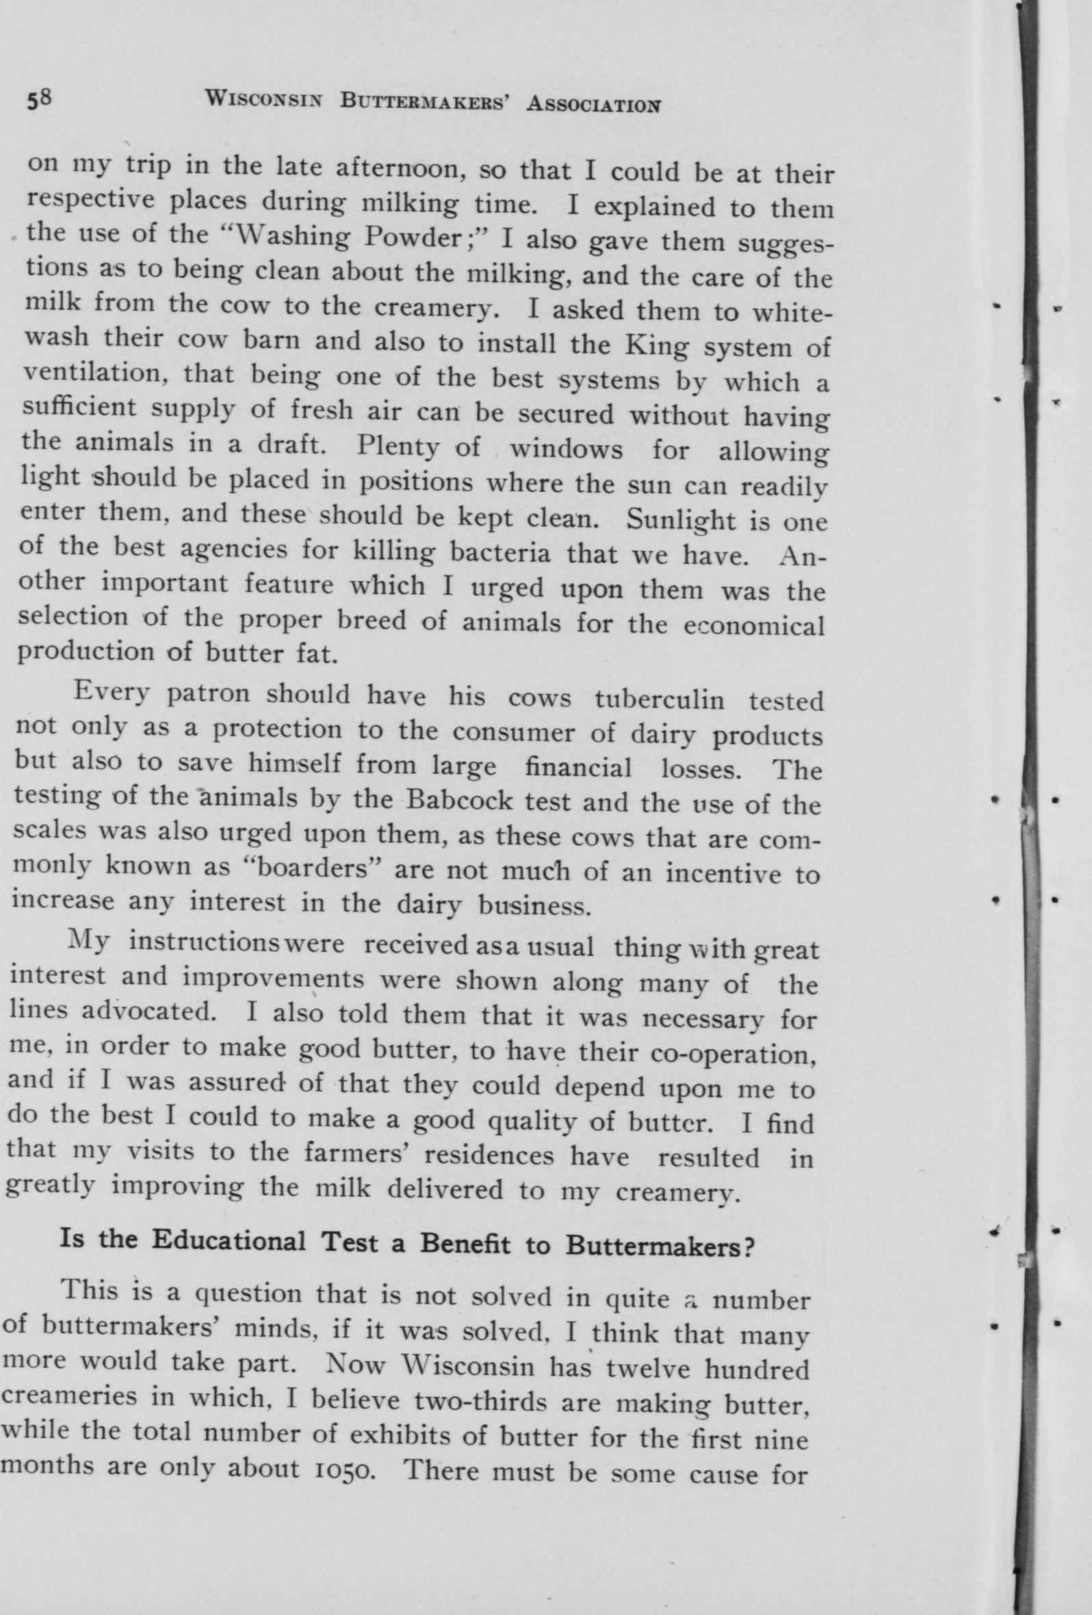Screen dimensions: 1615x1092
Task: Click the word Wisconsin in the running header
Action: coord(264,101)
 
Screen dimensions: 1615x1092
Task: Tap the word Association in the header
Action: coord(593,104)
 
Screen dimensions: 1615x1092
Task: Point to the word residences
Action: coord(489,1156)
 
